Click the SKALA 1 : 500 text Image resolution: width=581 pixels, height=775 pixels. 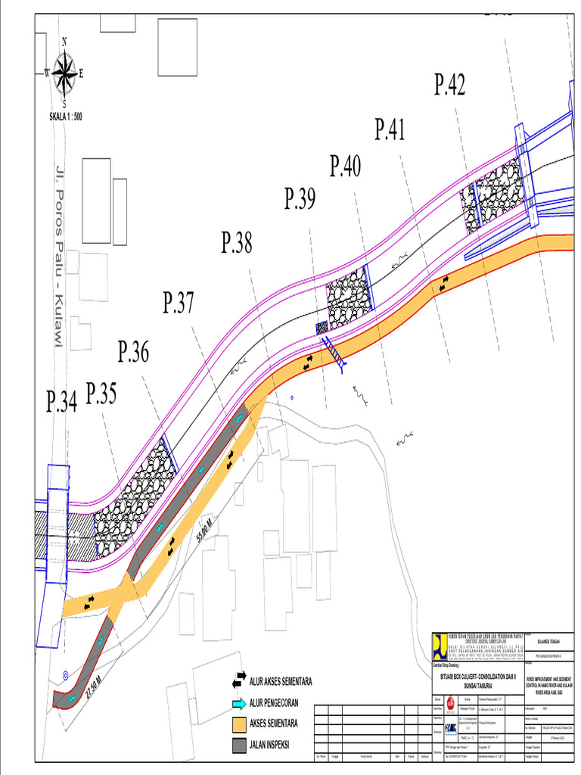65,115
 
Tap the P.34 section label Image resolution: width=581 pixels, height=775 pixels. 61,402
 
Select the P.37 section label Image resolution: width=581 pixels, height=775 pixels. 179,303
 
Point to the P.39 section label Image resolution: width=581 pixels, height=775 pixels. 300,199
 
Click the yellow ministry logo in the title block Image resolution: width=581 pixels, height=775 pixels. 439,644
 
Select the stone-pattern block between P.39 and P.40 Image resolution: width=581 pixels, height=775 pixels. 350,298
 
